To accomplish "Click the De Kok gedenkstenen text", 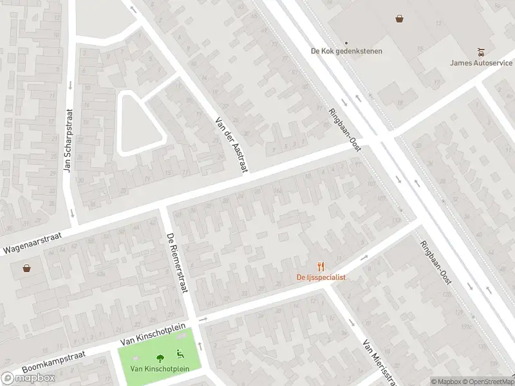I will point(346,51).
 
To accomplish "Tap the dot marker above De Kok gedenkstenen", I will point(346,42).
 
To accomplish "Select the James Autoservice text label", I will point(481,62).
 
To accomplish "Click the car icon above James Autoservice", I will point(481,51).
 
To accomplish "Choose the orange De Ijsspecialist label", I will point(321,277).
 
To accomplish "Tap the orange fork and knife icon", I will point(321,266).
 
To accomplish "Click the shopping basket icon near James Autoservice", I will point(400,18).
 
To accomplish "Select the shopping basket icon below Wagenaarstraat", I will point(27,268).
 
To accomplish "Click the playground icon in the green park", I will point(180,353).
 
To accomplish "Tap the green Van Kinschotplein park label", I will point(160,369).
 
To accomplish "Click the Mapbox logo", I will point(28,378).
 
